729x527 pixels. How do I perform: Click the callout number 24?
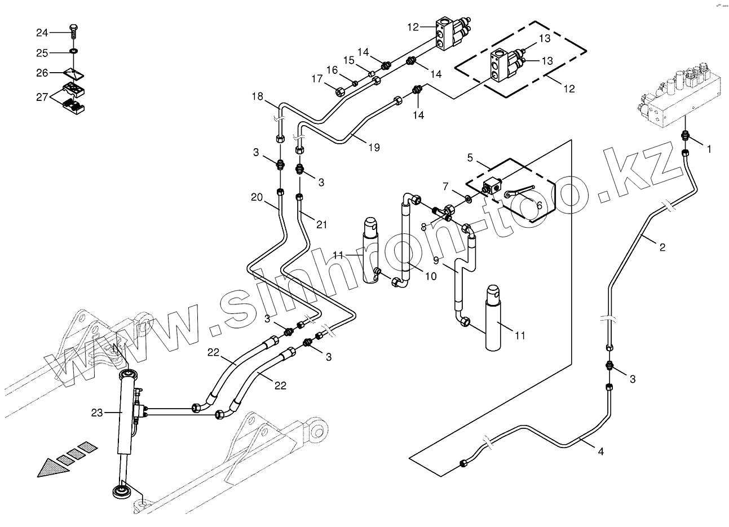tap(42, 33)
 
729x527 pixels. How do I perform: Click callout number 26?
tap(42, 73)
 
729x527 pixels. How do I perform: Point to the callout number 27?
tap(42, 97)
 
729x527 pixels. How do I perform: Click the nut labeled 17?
tap(340, 91)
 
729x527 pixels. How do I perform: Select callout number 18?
tap(258, 96)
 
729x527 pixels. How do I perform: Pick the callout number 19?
tap(374, 148)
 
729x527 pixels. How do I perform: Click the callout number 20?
tap(257, 197)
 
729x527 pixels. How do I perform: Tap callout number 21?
tap(321, 225)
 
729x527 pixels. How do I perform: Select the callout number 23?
tap(96, 413)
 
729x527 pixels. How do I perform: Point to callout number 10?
tap(430, 276)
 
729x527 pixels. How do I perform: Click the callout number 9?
tap(435, 260)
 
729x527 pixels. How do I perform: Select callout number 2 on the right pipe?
tap(662, 247)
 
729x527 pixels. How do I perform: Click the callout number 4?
tap(600, 451)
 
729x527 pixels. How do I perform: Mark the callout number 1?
tap(709, 149)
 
